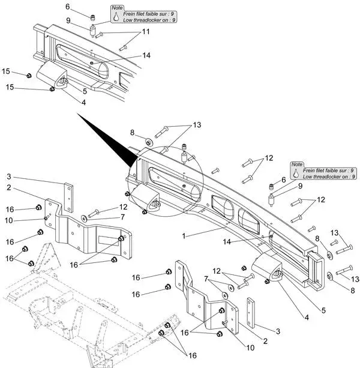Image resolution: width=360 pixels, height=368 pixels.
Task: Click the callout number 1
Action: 184,236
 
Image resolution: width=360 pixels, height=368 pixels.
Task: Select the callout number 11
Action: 146,32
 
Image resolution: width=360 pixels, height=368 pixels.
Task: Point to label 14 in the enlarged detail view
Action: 146,55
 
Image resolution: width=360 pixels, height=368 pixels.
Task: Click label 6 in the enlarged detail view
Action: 68,7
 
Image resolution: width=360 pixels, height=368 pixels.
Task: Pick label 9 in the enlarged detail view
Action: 68,20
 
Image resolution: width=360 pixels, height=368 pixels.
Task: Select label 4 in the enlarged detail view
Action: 84,102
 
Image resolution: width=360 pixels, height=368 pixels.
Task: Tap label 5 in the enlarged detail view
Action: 85,91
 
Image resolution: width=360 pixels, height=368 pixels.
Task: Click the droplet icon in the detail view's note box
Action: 116,17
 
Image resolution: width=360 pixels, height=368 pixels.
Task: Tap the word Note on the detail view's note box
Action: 117,8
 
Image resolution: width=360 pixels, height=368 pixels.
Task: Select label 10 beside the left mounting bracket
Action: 9,220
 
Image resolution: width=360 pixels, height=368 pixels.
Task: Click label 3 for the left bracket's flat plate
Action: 9,176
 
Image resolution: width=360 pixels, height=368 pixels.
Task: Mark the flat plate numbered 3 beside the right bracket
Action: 251,313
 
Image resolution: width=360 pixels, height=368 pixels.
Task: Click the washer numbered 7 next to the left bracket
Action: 84,219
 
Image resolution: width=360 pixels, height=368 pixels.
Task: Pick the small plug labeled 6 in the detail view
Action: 94,17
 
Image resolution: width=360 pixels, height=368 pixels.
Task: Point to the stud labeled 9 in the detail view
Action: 92,31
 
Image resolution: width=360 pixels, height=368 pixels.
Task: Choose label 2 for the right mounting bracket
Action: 265,341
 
